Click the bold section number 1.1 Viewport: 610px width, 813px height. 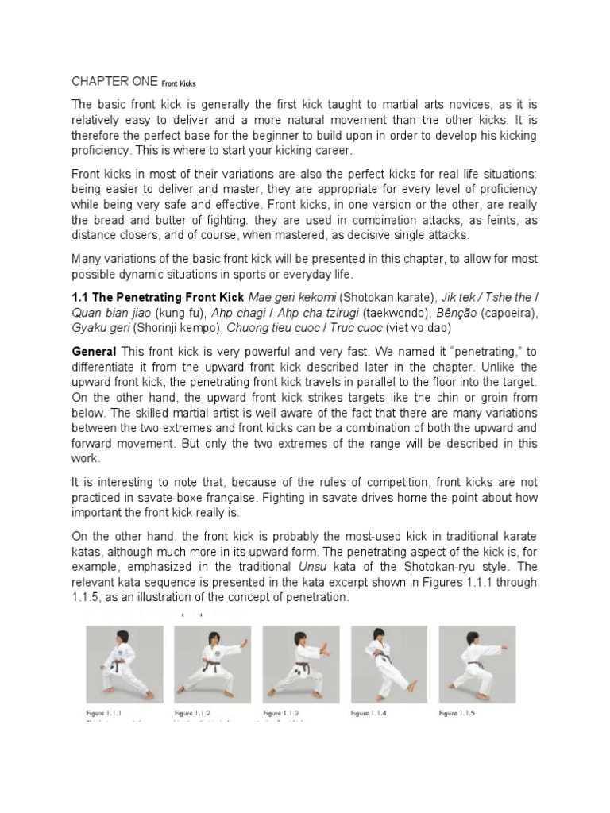click(x=81, y=296)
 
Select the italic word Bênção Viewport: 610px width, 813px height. click(x=454, y=312)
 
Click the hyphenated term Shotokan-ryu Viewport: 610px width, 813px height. click(x=450, y=566)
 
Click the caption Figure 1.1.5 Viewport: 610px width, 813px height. click(x=457, y=714)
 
